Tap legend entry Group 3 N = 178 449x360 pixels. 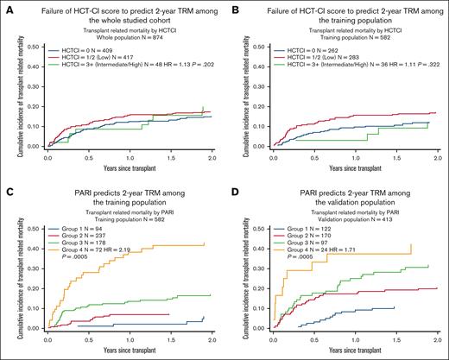86,243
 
